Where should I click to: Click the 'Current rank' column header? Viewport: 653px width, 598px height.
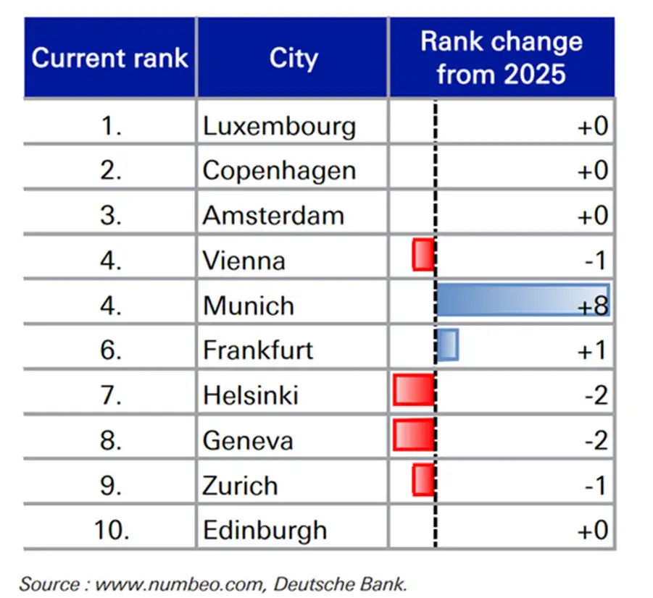coord(109,57)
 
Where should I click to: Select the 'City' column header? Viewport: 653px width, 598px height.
coord(294,58)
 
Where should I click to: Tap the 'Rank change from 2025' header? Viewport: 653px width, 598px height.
coord(502,57)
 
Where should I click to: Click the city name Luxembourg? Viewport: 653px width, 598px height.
coord(280,126)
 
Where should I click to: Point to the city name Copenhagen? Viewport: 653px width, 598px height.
coord(280,171)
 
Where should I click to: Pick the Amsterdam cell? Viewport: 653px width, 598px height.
coord(274,216)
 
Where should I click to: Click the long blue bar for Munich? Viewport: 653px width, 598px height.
coord(523,300)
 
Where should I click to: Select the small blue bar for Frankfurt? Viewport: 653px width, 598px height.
coord(448,345)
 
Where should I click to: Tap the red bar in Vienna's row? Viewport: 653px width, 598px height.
coord(424,255)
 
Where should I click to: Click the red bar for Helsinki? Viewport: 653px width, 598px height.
coord(415,389)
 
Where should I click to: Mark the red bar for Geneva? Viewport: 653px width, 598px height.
coord(415,435)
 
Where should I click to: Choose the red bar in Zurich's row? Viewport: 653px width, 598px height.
coord(424,480)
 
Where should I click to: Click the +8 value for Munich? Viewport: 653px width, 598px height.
coord(593,306)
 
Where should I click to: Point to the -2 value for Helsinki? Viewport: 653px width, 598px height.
coord(596,395)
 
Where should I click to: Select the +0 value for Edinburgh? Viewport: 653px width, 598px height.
coord(593,530)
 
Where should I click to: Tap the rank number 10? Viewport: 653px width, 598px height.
coord(112,530)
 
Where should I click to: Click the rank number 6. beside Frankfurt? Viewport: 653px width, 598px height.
coord(111,350)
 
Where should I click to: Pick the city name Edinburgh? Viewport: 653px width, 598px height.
coord(265,531)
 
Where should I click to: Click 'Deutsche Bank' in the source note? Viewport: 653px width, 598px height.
coord(340,584)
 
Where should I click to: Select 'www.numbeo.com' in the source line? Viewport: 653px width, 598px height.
coord(180,585)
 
